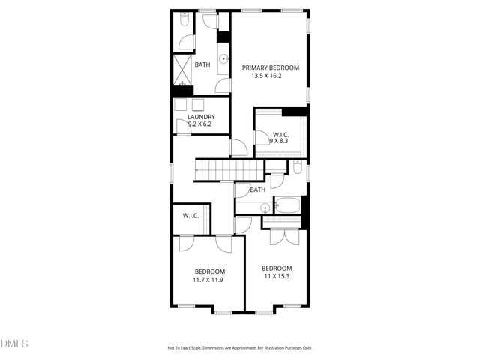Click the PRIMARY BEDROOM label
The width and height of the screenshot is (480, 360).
click(x=270, y=67)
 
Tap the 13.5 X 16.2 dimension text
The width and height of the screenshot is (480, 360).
click(x=270, y=76)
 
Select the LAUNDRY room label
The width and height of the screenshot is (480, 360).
click(x=201, y=117)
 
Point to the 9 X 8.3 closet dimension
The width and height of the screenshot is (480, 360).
click(x=279, y=141)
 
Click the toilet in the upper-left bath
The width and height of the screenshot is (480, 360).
click(x=184, y=22)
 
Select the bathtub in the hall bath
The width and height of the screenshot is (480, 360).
click(x=288, y=204)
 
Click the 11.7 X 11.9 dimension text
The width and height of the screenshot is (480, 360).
click(x=208, y=280)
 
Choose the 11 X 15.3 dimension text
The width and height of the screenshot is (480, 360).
click(x=276, y=276)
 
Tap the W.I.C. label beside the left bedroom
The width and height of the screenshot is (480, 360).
click(x=190, y=216)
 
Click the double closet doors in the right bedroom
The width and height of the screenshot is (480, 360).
click(x=278, y=235)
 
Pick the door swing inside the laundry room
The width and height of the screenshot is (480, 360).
click(x=182, y=124)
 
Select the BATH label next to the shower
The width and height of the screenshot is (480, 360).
click(x=202, y=64)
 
